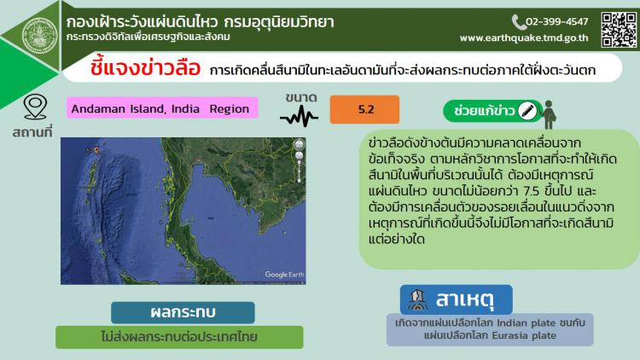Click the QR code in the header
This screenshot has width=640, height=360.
point(619,30)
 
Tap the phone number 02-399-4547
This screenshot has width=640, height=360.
point(556,21)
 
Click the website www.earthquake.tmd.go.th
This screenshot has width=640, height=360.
point(524,38)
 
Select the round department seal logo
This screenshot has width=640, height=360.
point(39,36)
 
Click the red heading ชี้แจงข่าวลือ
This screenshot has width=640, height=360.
point(145,67)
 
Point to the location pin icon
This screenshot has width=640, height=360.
point(35,107)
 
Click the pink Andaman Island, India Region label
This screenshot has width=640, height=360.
point(162,108)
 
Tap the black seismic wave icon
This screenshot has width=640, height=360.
point(300,116)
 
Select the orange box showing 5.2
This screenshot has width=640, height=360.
point(364,109)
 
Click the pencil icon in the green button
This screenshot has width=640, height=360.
point(527,111)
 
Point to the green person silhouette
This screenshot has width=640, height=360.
point(549,114)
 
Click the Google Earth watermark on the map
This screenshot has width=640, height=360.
point(284,275)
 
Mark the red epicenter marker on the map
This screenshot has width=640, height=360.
point(96,150)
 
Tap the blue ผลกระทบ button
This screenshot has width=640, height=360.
point(183,312)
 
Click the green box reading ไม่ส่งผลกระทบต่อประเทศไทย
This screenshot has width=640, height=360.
point(179,337)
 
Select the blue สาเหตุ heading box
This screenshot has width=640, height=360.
point(456,299)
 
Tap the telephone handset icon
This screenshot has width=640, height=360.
point(518,22)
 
